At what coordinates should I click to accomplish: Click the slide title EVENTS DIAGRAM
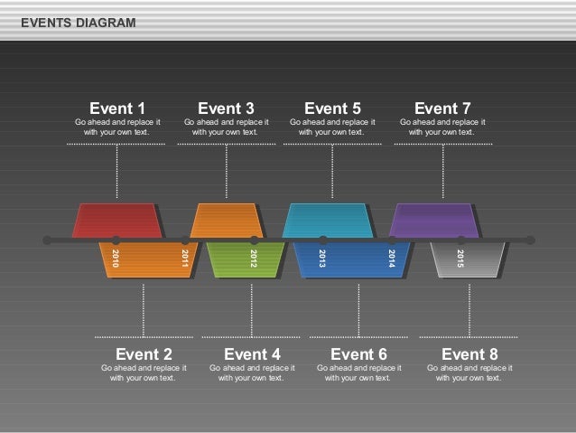pyautogui.click(x=79, y=22)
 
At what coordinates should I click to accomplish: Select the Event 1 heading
pyautogui.click(x=117, y=109)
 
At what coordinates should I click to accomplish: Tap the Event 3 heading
pyautogui.click(x=226, y=109)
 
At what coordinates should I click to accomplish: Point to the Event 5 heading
pyautogui.click(x=332, y=109)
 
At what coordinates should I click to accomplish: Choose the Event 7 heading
pyautogui.click(x=442, y=109)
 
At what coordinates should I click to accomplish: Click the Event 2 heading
pyautogui.click(x=144, y=353)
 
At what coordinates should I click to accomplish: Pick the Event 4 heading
pyautogui.click(x=252, y=353)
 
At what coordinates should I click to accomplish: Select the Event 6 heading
pyautogui.click(x=358, y=353)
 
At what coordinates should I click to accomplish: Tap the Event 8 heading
pyautogui.click(x=469, y=353)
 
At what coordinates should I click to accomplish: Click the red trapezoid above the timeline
pyautogui.click(x=117, y=221)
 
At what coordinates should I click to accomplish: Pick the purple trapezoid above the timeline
pyautogui.click(x=434, y=221)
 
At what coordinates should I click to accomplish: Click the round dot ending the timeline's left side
pyautogui.click(x=48, y=240)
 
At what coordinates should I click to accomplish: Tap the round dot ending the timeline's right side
pyautogui.click(x=530, y=240)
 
